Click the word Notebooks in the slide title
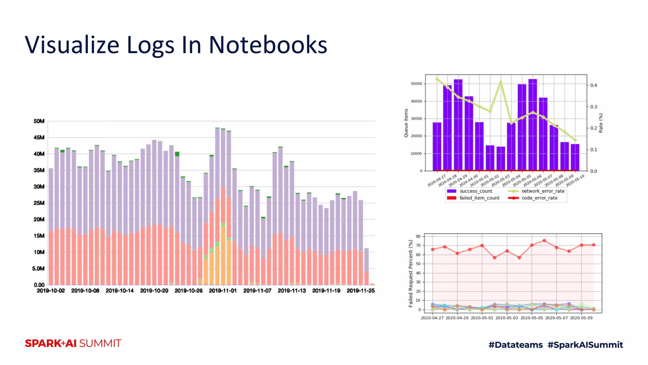tap(268, 45)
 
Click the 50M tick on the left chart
tap(39, 121)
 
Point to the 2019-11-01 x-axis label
tap(223, 291)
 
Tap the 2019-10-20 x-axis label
tap(154, 291)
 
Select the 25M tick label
tap(39, 203)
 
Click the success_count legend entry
tap(476, 191)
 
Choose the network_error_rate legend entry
tap(543, 191)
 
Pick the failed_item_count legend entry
tap(479, 198)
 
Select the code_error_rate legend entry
tap(539, 198)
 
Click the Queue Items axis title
tap(406, 123)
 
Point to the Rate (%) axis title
tap(601, 123)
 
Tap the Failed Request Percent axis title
tap(411, 273)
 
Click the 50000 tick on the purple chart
tap(416, 84)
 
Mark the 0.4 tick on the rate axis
tap(594, 85)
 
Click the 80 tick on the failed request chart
tap(418, 236)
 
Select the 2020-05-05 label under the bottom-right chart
tap(532, 318)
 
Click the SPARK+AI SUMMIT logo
tap(73, 343)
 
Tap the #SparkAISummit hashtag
tap(585, 345)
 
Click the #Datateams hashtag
tap(515, 345)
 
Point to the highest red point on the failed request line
tap(544, 240)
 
